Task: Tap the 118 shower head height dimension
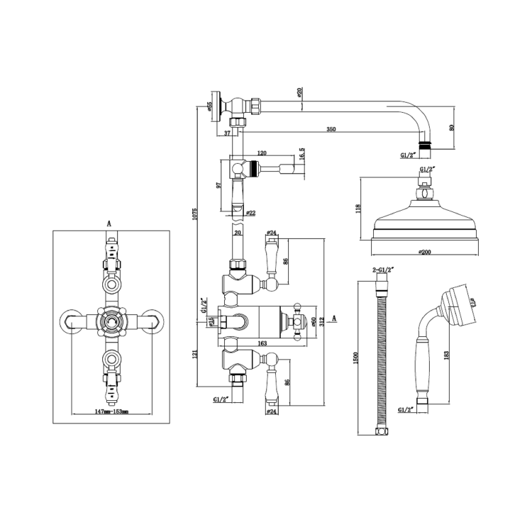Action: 360,209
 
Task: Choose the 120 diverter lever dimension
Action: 262,153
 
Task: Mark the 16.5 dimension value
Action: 301,155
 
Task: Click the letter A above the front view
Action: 109,223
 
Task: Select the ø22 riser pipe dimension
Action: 250,211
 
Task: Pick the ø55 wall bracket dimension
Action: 210,107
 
